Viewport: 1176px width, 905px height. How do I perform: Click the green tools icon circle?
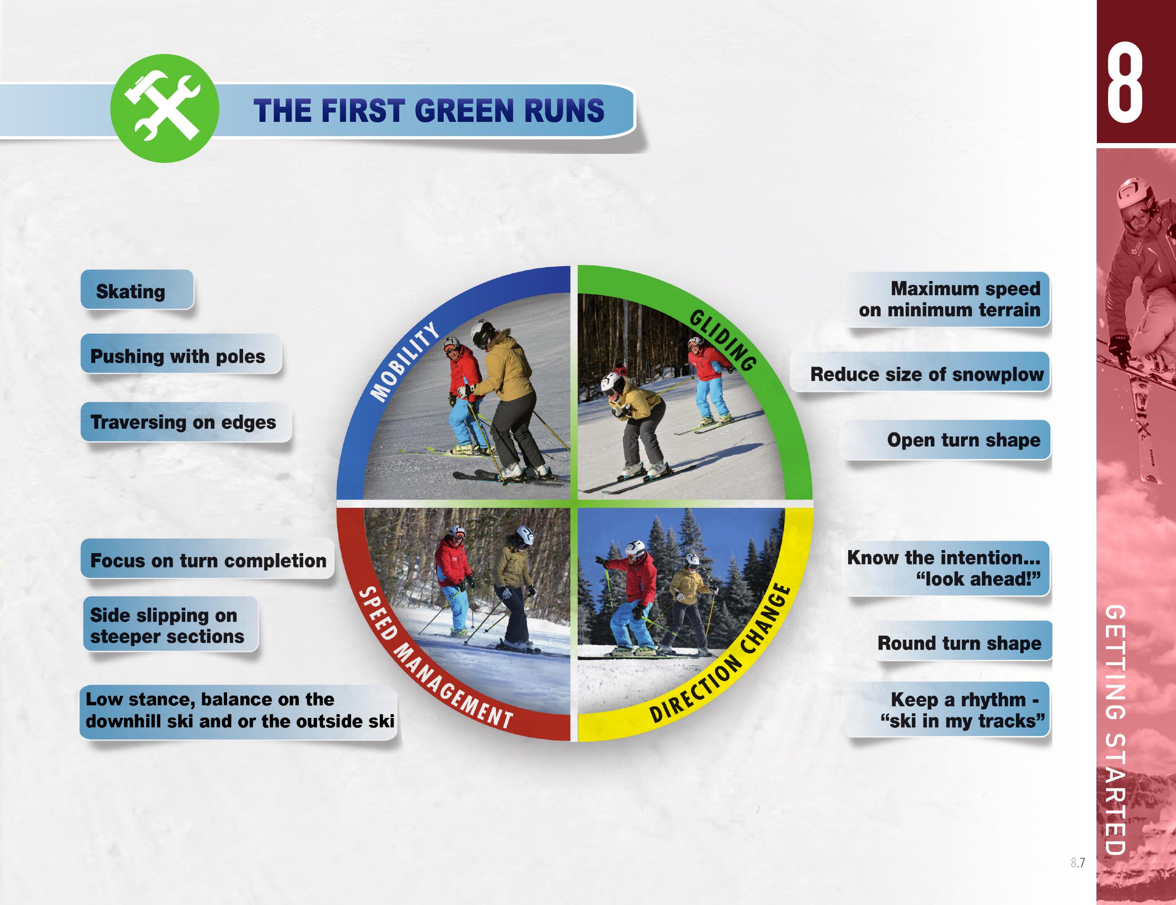coord(165,108)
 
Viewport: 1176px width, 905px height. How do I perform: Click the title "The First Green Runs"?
coord(429,111)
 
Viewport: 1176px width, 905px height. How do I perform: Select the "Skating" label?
coord(137,290)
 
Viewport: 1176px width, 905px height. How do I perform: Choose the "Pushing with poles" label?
coord(181,354)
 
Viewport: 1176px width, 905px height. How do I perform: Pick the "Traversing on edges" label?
coord(186,422)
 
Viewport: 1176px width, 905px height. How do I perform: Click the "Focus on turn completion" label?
coord(207,560)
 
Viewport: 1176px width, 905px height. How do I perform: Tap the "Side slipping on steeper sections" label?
coord(170,625)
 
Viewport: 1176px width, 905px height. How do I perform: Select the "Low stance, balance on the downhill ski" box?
coord(239,711)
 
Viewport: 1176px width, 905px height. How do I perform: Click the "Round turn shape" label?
coord(961,641)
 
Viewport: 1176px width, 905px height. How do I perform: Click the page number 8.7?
coord(1077,863)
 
